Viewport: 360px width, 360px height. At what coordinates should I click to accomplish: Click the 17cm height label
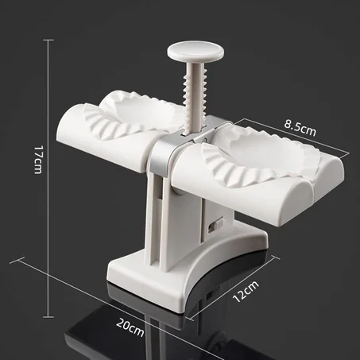[38, 160]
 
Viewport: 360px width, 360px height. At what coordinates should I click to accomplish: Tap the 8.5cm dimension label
[300, 128]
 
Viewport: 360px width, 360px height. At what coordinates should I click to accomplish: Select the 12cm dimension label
[246, 292]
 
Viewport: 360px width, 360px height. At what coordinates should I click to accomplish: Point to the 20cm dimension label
[130, 327]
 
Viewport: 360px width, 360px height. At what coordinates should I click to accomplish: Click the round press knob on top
[195, 50]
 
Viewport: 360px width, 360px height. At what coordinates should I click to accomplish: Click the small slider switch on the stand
[216, 225]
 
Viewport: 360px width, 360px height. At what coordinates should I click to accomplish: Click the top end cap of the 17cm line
[48, 41]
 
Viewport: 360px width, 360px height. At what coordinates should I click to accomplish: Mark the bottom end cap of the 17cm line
[48, 316]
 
